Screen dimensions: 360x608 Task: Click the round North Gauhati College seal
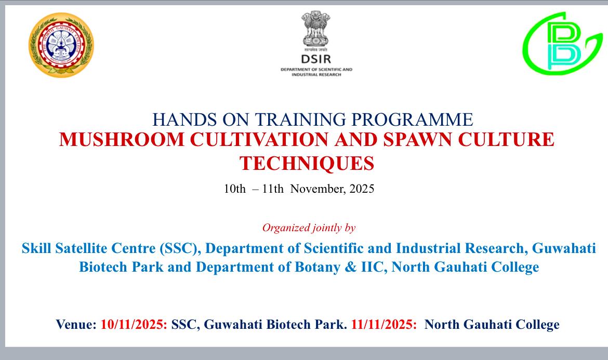point(61,45)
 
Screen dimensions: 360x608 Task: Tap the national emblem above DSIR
point(315,30)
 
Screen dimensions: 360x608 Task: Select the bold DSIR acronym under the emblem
point(315,59)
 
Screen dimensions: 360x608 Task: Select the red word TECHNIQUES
point(307,164)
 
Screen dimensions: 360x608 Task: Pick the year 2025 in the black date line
point(362,189)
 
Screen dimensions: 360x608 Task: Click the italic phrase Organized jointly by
point(309,228)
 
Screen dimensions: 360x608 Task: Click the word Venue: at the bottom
point(76,325)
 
